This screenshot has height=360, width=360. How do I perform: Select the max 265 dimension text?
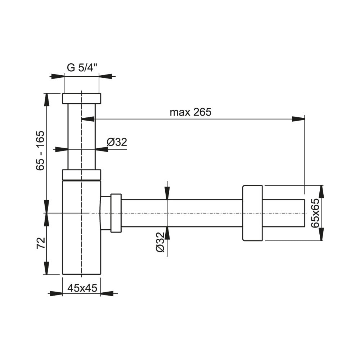click(190, 112)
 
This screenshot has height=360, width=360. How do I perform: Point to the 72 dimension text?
click(41, 243)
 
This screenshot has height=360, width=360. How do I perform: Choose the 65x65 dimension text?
click(315, 213)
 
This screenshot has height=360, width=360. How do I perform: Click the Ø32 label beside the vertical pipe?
click(117, 142)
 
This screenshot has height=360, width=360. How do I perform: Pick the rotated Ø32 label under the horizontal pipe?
click(160, 243)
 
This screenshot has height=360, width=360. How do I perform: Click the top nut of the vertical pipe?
click(81, 99)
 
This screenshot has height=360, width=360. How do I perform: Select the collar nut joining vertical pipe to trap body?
click(81, 175)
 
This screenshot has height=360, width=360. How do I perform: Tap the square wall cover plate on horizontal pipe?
click(252, 213)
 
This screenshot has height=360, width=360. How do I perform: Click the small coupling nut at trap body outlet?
click(116, 213)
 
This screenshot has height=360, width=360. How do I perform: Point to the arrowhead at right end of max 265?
click(299, 119)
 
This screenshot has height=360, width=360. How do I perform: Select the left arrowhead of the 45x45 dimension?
click(55, 294)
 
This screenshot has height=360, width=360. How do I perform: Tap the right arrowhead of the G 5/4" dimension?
click(105, 76)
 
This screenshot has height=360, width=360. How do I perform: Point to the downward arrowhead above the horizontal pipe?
click(167, 193)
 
